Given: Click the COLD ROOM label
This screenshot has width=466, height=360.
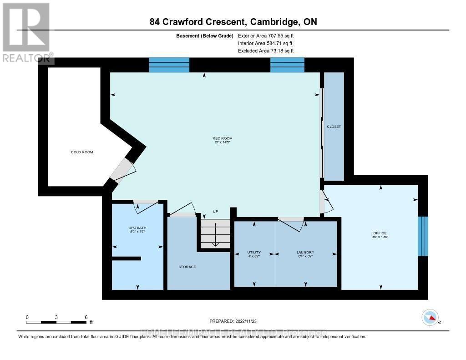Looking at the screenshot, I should click(82, 152).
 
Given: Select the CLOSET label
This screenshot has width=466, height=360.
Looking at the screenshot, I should click(334, 127).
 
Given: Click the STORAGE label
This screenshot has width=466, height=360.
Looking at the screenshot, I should click(187, 267).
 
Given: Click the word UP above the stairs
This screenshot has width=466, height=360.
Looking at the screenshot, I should click(216, 212).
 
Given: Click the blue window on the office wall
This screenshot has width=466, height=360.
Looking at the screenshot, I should click(423, 236).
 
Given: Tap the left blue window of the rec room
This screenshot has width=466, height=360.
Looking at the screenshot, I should click(169, 65).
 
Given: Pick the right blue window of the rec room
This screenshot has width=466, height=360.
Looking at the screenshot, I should click(287, 65).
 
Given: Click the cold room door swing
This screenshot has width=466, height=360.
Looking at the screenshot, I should click(124, 170).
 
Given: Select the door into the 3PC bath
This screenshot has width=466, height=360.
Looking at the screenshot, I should click(146, 206).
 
